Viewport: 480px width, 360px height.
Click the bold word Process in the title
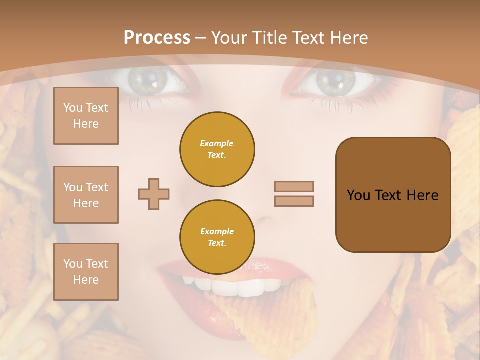click(157, 38)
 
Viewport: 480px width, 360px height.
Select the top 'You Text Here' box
click(86, 116)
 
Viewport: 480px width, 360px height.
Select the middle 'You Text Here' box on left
click(86, 195)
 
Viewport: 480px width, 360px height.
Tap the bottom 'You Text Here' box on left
click(86, 272)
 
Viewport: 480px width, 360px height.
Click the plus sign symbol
click(154, 194)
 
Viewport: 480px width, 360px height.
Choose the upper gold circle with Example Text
click(217, 149)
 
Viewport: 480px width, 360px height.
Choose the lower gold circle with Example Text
click(217, 237)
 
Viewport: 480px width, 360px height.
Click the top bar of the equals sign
click(294, 186)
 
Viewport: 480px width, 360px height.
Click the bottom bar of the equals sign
click(294, 201)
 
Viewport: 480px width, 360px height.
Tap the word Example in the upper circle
click(217, 143)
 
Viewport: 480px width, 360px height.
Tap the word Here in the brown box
click(422, 195)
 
